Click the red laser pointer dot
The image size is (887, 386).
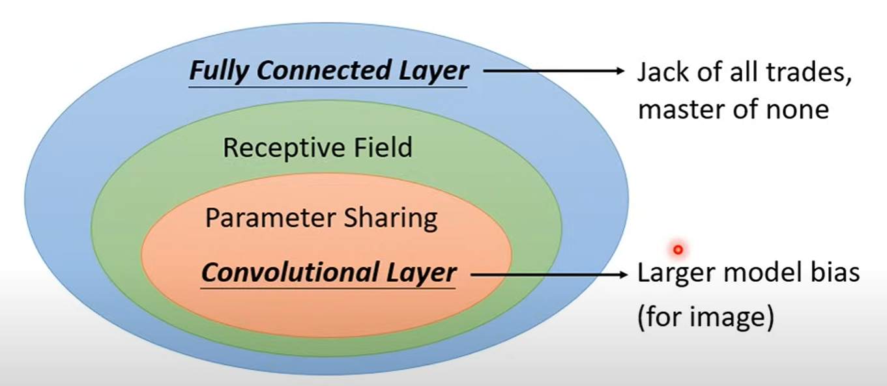678,250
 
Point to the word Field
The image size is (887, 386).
383,147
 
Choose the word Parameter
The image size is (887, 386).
270,218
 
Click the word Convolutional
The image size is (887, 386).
289,272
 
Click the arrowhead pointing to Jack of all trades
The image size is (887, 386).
619,71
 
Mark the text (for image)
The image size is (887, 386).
706,317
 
